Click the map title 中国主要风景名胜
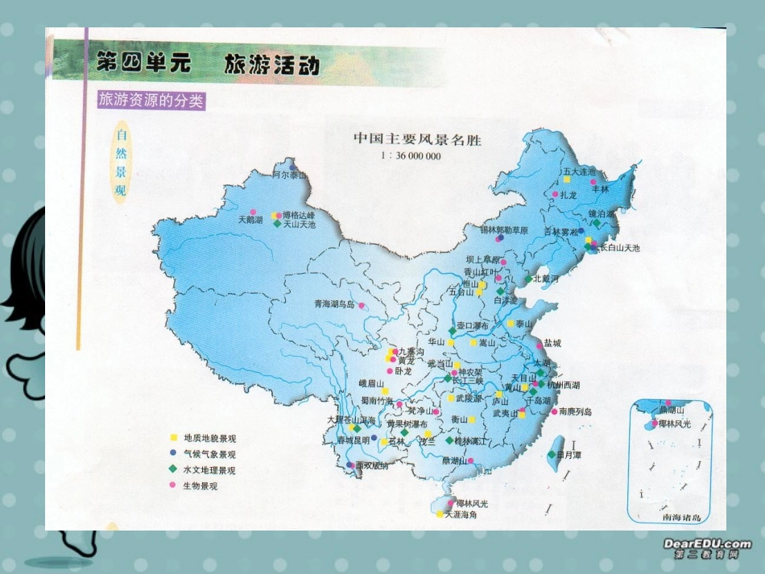tap(417, 138)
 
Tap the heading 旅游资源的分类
tap(151, 101)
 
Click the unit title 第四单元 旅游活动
tap(208, 64)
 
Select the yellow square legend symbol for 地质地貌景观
tap(172, 438)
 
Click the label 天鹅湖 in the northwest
tap(250, 219)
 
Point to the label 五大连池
tap(579, 171)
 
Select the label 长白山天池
tap(620, 248)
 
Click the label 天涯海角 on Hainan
tap(461, 514)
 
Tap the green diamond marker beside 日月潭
tap(551, 454)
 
